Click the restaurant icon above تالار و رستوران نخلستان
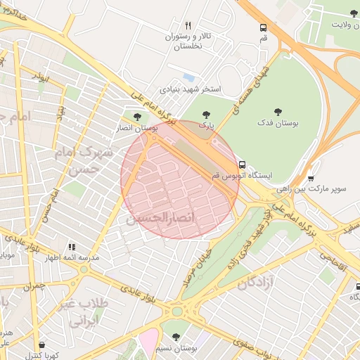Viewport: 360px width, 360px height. [x=188, y=26]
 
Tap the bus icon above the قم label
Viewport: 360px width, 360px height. [x=263, y=28]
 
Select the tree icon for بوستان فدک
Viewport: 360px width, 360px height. [x=278, y=111]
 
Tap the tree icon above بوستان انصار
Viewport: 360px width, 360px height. [x=136, y=117]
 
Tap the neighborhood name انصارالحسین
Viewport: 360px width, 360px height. [x=160, y=219]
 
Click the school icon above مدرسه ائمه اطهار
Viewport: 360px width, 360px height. [x=71, y=247]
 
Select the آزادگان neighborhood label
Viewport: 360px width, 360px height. [x=256, y=282]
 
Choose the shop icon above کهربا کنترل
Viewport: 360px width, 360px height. [x=42, y=345]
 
